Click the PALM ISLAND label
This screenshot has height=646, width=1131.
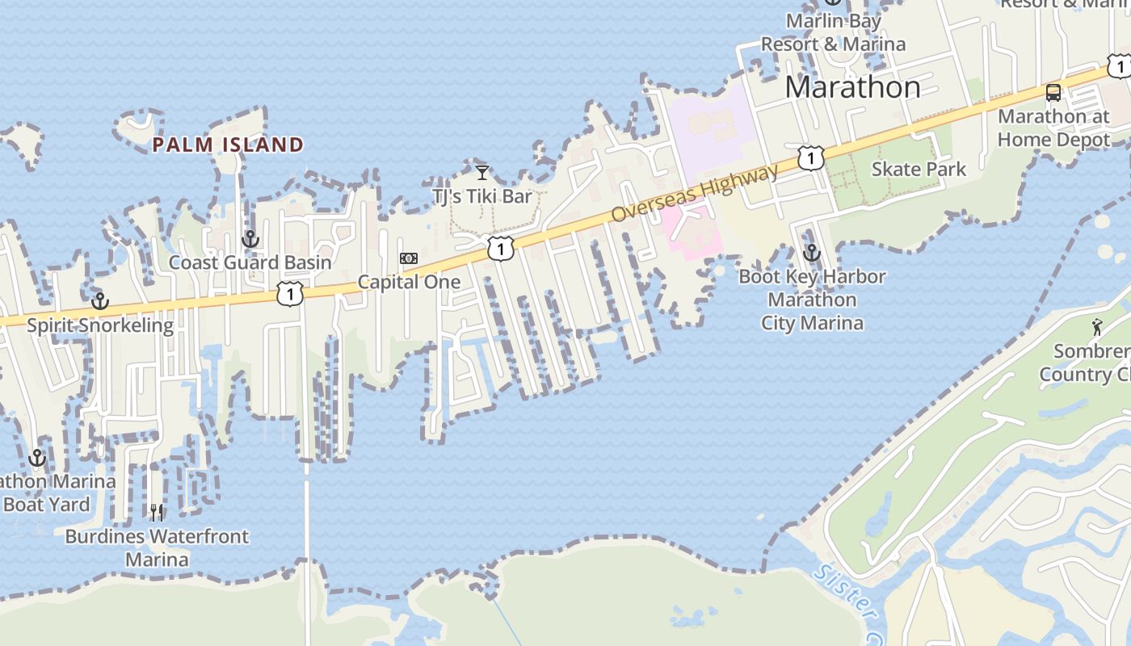228,145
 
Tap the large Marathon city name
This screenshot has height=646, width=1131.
852,87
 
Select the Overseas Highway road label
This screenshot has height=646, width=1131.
696,193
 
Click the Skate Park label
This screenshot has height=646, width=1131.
919,170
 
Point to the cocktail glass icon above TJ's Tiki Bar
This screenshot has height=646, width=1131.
482,172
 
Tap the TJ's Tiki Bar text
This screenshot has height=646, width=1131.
482,196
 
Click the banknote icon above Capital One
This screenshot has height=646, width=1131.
409,258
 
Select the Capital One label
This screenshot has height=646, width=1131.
409,282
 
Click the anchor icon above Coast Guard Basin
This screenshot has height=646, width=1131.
250,239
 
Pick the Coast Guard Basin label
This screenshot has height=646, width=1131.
250,262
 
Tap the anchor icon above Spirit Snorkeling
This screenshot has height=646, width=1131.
100,301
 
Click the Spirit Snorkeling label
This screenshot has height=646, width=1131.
100,325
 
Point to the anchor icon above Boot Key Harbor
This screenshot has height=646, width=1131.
812,253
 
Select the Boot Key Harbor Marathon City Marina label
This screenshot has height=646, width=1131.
812,300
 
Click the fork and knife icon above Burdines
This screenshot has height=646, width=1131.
157,512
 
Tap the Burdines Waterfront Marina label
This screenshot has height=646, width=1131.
157,547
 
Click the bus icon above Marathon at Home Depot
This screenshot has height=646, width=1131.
1053,92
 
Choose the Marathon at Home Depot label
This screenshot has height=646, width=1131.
1053,128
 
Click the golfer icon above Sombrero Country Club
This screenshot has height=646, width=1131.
1096,327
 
